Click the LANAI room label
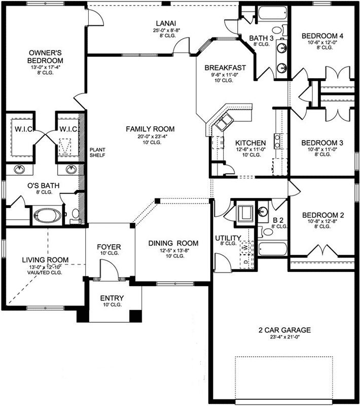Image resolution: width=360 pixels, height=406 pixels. click(x=165, y=23)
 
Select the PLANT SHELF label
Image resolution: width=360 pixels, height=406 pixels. click(x=97, y=153)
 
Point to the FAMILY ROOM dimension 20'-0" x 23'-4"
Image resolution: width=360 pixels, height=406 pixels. click(x=143, y=137)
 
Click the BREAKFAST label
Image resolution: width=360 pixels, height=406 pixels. click(x=225, y=67)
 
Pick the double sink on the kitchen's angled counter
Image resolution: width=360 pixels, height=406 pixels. click(x=223, y=122)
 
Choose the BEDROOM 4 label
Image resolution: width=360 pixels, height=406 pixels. click(x=322, y=36)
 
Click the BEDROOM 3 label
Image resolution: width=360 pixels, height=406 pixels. click(x=322, y=143)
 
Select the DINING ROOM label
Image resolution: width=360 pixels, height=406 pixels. click(x=173, y=243)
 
